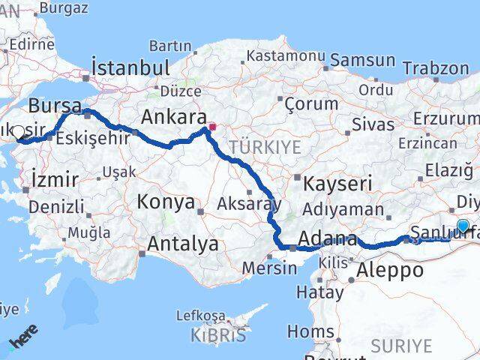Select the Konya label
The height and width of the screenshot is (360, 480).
tap(166, 202)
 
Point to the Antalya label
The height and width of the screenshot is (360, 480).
tap(183, 244)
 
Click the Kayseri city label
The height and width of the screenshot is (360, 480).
tap(337, 183)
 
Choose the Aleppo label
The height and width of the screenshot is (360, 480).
tap(390, 270)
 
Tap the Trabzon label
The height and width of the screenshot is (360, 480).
tap(436, 67)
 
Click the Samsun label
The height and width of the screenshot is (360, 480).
tap(363, 60)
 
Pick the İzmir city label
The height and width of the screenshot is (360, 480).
tap(54, 179)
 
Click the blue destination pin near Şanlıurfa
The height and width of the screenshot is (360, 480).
tap(463, 226)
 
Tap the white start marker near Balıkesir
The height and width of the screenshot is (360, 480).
tap(18, 132)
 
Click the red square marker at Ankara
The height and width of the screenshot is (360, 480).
tap(212, 127)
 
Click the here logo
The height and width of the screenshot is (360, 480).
tap(21, 341)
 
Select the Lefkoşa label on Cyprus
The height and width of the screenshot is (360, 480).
tap(200, 316)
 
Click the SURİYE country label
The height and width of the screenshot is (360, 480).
tap(402, 346)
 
